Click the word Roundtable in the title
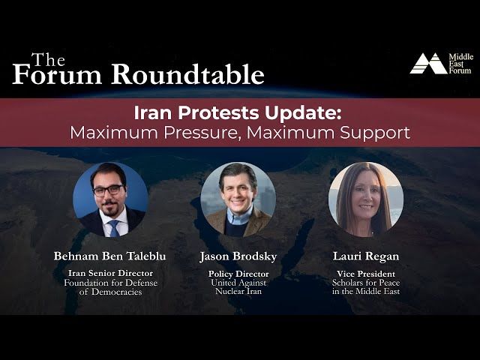pos(188,74)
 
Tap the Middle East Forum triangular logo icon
pos(427,64)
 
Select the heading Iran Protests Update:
pos(238,112)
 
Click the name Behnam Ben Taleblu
pos(110,256)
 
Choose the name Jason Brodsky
pos(238,256)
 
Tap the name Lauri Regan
pos(365,256)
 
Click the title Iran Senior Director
pos(110,274)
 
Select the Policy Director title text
pos(238,274)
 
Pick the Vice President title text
pos(365,274)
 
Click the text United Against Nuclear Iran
pos(238,287)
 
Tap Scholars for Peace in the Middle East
pos(365,287)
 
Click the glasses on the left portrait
pos(108,190)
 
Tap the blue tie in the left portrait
pos(113,226)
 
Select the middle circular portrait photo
pos(238,199)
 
